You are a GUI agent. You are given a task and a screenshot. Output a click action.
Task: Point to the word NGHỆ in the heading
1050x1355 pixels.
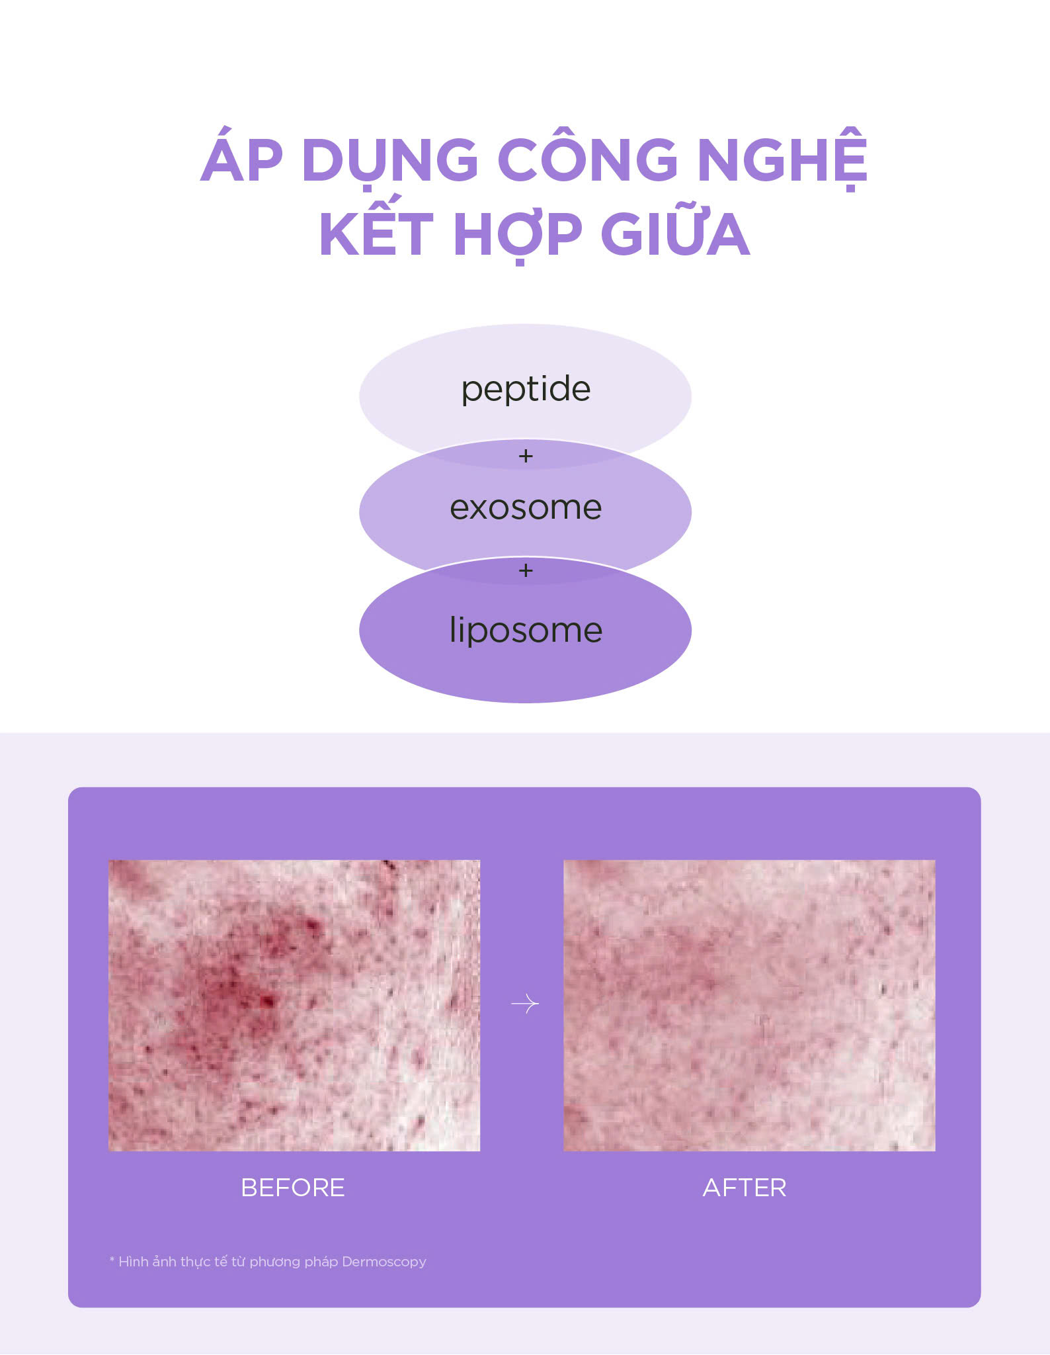782,159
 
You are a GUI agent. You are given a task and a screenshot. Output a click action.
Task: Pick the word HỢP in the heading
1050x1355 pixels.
518,235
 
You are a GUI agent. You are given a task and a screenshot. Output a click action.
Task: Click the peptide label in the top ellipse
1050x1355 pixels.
526,389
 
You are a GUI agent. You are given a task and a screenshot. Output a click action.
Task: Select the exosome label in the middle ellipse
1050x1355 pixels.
526,508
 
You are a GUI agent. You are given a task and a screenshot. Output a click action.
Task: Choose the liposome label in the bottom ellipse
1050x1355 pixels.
526,630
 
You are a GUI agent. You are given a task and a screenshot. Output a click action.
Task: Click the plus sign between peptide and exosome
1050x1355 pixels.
526,456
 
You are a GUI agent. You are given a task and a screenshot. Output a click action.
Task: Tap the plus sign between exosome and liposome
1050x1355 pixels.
526,570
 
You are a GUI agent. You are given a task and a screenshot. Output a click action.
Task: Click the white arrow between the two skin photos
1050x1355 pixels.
525,1004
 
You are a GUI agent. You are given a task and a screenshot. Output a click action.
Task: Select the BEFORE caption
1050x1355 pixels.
293,1188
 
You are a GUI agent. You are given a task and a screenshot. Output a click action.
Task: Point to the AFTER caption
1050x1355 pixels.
745,1188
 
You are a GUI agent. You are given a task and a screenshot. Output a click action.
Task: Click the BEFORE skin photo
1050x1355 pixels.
294,1005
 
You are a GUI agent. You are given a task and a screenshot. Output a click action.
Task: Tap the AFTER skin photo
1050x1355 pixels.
749,1005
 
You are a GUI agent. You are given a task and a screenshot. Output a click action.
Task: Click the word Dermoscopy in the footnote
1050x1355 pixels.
384,1262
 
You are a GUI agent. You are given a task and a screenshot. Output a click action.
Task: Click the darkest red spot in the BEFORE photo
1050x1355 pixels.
267,1001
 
